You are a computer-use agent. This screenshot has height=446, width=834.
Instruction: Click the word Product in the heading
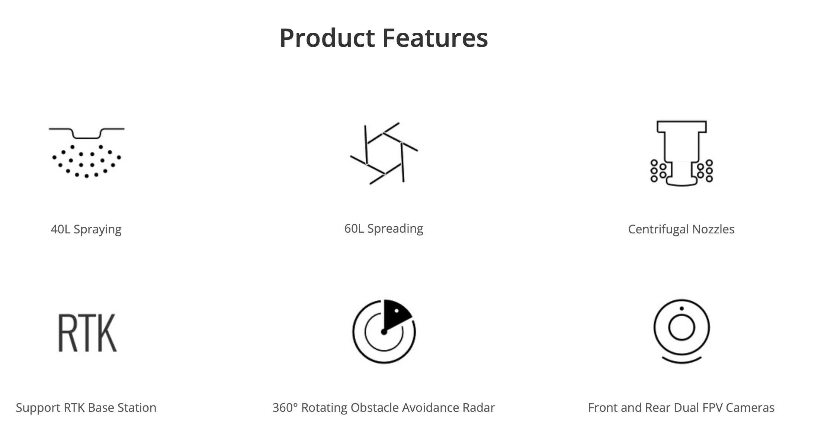click(327, 39)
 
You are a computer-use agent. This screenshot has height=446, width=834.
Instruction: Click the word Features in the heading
click(435, 38)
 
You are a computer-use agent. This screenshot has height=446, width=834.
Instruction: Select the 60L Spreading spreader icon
click(384, 153)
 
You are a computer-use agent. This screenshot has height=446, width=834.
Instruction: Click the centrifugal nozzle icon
click(681, 153)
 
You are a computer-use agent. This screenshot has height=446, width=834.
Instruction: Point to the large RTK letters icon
click(87, 333)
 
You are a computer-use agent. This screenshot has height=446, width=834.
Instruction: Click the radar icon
click(384, 331)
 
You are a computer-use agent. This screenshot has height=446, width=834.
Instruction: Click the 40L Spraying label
click(86, 229)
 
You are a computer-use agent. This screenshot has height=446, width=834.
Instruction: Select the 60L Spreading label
click(384, 229)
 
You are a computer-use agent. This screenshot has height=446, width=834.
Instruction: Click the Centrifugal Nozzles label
click(681, 229)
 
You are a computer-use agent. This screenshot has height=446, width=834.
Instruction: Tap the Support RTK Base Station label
click(86, 408)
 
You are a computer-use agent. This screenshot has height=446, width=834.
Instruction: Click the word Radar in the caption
click(479, 408)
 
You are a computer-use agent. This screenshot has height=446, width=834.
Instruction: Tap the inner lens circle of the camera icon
click(681, 327)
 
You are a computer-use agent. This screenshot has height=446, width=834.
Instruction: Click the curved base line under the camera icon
click(681, 361)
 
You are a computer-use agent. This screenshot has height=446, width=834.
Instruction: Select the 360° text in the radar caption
click(285, 408)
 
